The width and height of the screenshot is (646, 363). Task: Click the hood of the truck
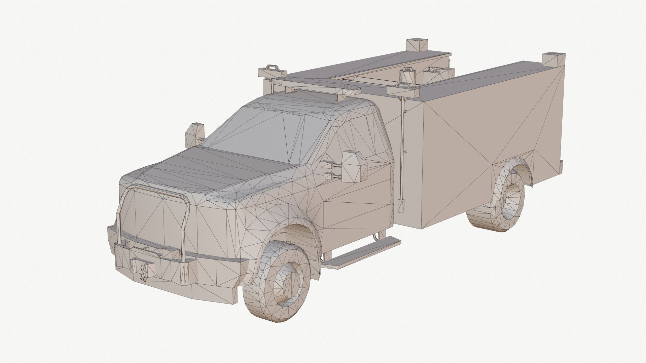click(x=215, y=168)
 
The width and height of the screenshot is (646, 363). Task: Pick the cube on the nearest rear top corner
click(x=552, y=59)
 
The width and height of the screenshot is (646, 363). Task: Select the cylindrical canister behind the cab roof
click(x=408, y=76)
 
